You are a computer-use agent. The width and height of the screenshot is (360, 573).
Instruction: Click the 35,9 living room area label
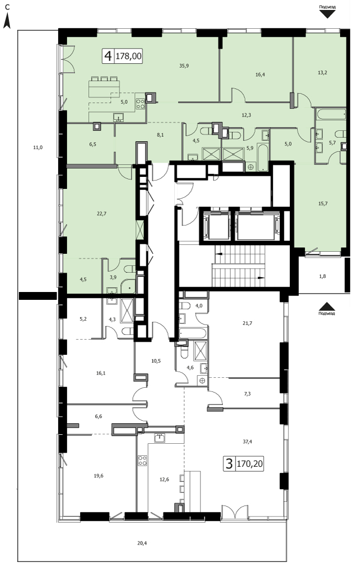(184, 66)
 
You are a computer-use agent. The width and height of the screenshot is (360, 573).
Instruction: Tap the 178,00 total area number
(129, 57)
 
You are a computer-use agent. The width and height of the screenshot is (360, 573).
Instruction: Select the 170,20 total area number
(250, 464)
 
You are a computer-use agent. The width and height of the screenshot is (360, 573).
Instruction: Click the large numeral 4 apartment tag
(108, 57)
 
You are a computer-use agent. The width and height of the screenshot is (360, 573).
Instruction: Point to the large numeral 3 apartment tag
(229, 464)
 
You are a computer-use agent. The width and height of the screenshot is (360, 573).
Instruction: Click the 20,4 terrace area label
(142, 543)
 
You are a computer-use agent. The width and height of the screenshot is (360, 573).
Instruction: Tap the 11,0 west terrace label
(38, 148)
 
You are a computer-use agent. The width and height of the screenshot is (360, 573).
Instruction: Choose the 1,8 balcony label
(322, 276)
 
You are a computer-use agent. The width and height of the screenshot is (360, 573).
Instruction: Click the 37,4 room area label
(248, 442)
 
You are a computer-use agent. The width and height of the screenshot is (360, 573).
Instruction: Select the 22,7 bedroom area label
(102, 214)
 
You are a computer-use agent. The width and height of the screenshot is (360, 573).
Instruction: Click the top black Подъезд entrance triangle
(328, 14)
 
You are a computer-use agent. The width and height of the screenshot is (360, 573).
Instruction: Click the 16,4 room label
(260, 74)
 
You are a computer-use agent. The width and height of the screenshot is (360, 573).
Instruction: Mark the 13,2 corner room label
(322, 73)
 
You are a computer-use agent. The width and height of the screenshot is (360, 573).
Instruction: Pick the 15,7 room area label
(323, 204)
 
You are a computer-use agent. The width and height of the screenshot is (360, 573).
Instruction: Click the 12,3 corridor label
(246, 115)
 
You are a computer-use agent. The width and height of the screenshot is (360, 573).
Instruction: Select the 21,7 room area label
(248, 323)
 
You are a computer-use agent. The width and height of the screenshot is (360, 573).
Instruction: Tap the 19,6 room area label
(99, 476)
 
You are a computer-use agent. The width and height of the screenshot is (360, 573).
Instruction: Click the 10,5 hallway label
(156, 361)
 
